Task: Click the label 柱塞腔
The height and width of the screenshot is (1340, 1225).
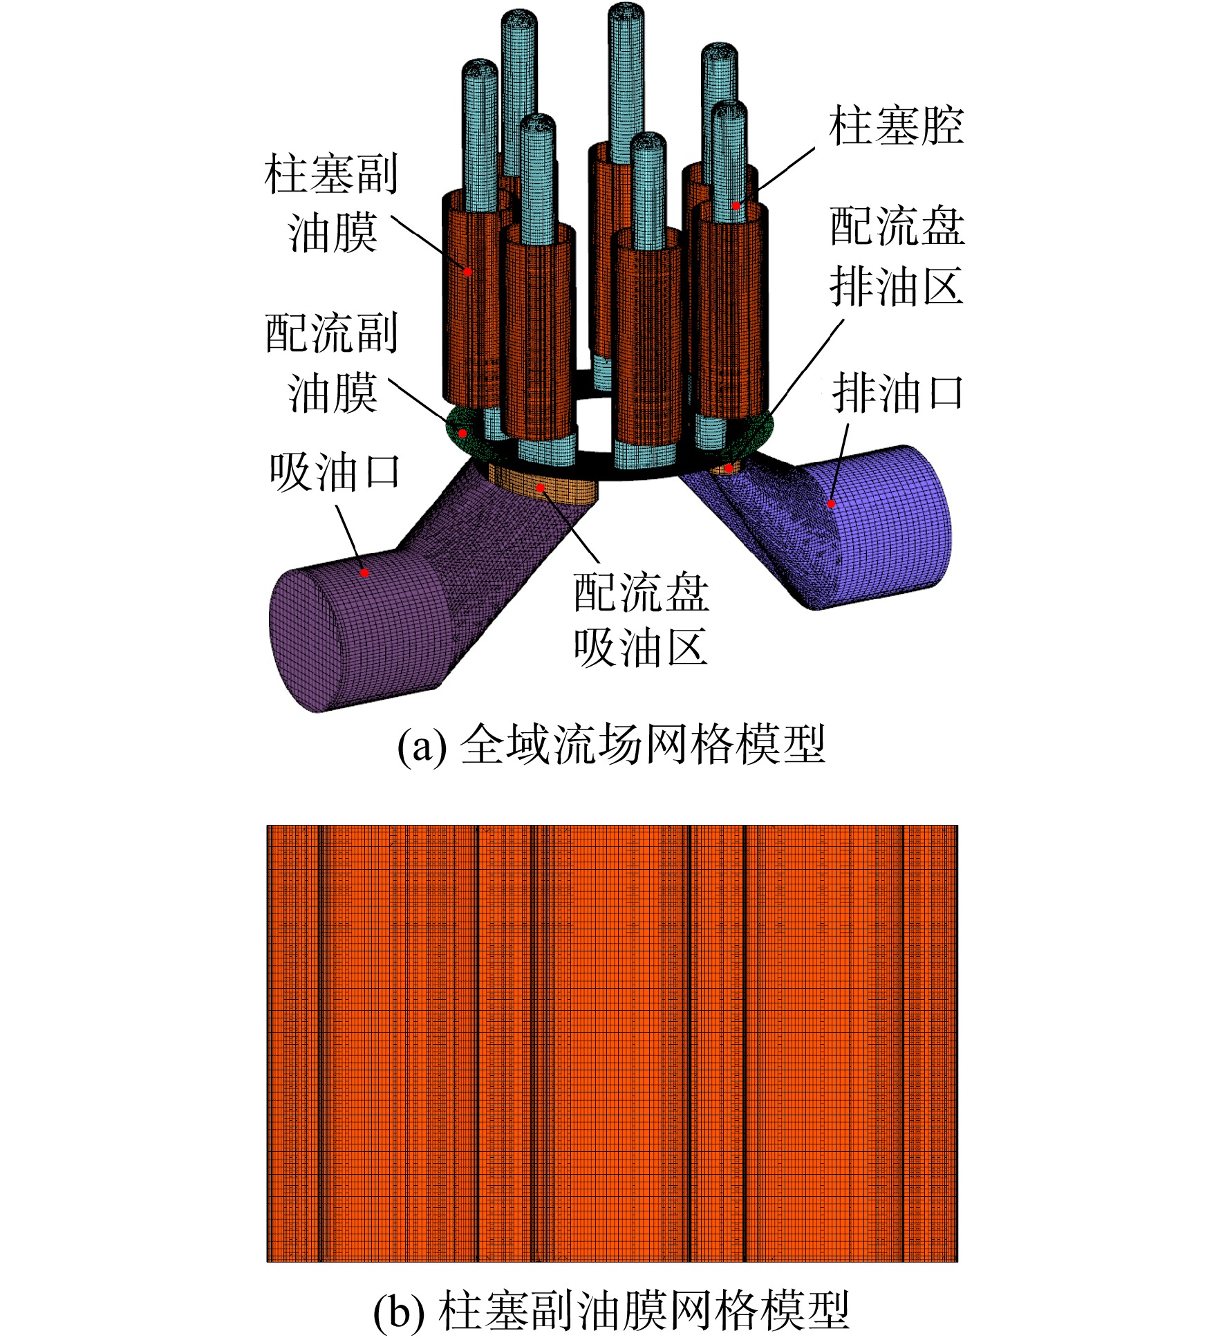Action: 896,126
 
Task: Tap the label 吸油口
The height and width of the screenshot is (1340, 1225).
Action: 335,472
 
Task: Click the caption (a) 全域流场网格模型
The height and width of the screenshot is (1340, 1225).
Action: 611,745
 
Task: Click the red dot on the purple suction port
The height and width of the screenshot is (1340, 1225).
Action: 364,573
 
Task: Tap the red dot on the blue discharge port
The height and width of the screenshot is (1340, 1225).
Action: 832,503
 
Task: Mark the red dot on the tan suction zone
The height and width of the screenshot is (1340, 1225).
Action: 540,488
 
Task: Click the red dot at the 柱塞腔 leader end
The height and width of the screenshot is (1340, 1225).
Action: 736,205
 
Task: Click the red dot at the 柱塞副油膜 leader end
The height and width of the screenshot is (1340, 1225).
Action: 467,272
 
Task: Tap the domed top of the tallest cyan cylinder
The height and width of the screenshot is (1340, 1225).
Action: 626,14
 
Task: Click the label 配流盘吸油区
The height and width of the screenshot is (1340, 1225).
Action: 641,620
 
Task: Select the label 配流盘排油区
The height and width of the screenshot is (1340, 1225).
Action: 897,256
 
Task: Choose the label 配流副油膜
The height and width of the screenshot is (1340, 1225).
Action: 332,363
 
